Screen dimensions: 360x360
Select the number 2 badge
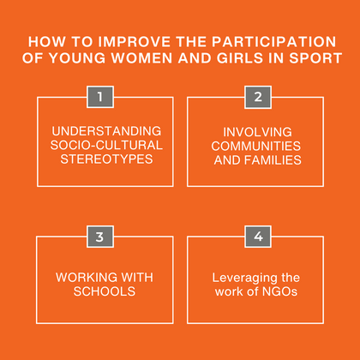pyautogui.click(x=258, y=97)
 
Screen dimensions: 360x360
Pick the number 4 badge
pyautogui.click(x=258, y=237)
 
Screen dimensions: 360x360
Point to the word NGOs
pyautogui.click(x=279, y=291)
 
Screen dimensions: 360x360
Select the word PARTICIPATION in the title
pyautogui.click(x=269, y=41)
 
